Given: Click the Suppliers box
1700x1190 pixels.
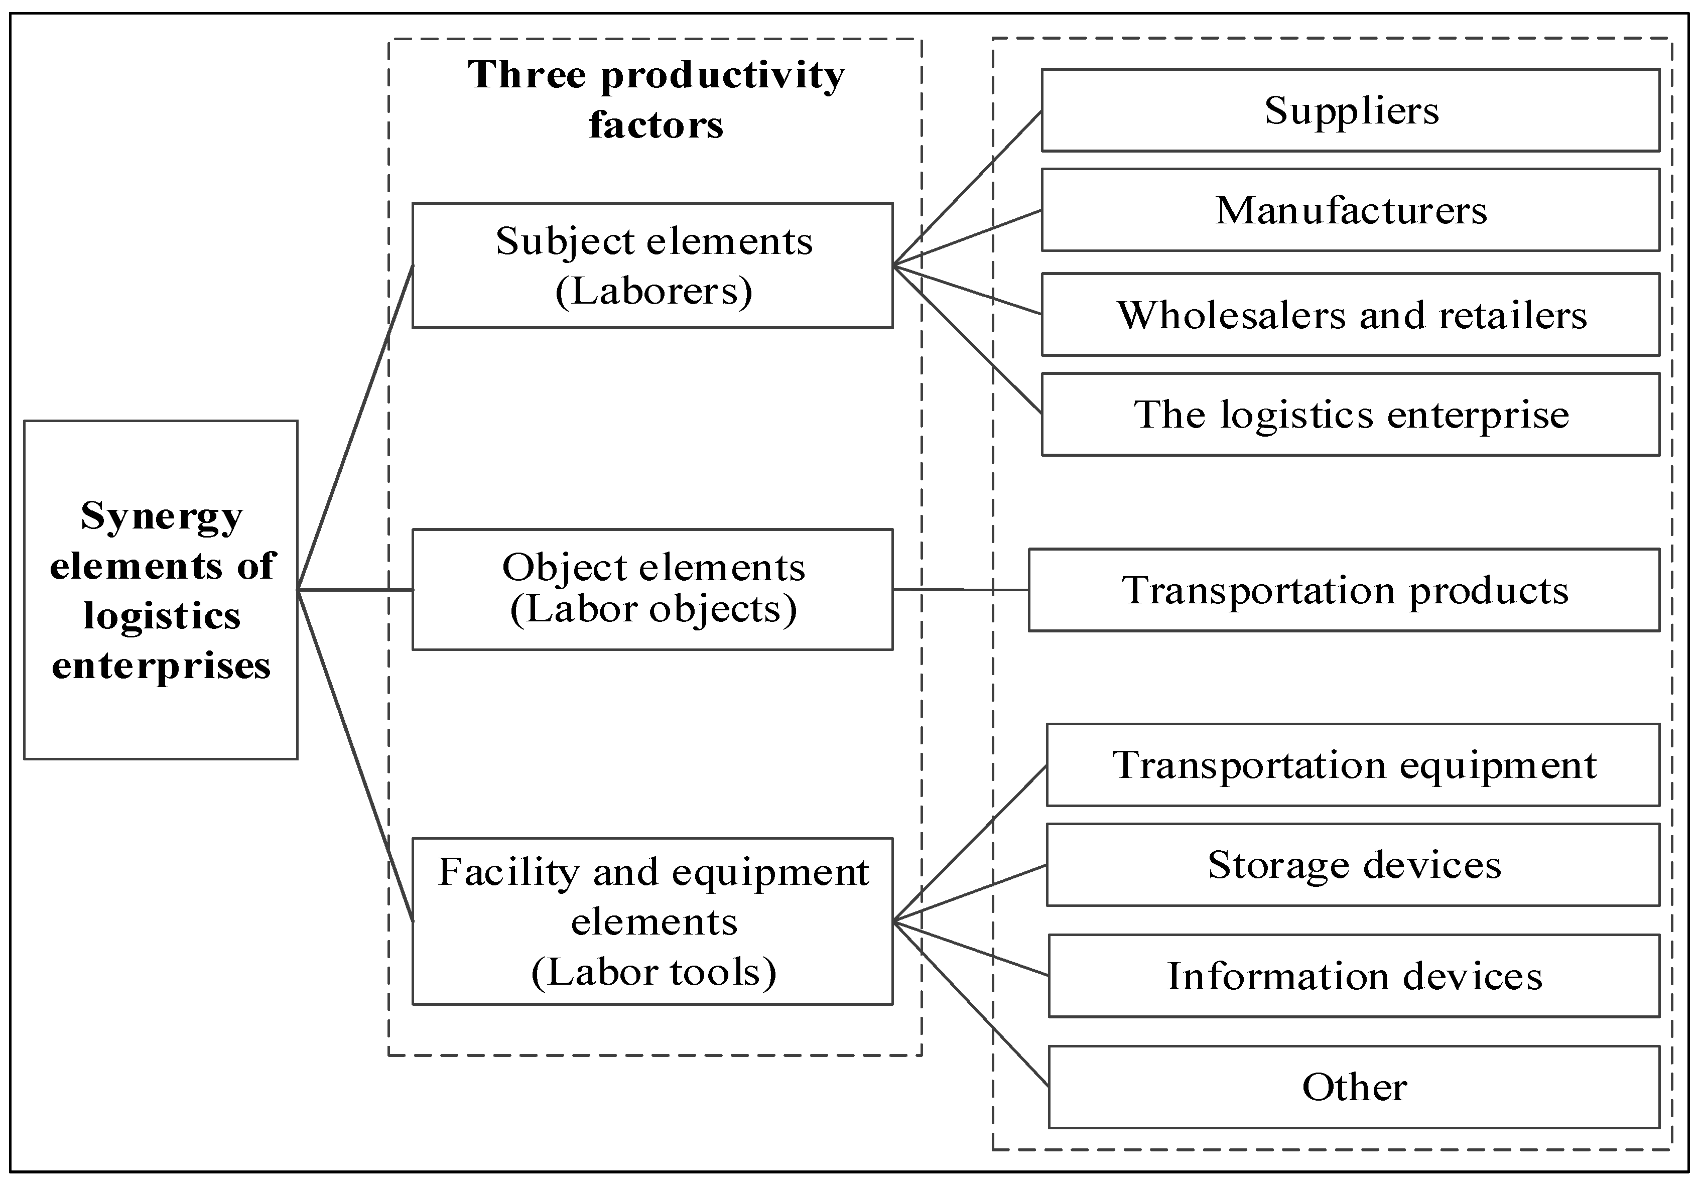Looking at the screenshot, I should [x=1351, y=110].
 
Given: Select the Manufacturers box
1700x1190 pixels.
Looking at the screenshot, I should [x=1351, y=210].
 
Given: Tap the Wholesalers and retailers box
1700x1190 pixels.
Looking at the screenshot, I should [x=1351, y=315].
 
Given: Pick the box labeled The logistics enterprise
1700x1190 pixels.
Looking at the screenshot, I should [x=1351, y=414].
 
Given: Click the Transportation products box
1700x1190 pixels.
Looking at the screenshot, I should [x=1344, y=590].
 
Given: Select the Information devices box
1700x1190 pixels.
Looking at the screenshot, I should [x=1354, y=976].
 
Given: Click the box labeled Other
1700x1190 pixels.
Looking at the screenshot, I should [x=1354, y=1087].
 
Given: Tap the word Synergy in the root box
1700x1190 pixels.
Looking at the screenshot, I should [x=162, y=516].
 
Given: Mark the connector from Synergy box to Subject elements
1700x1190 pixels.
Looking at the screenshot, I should [x=355, y=427].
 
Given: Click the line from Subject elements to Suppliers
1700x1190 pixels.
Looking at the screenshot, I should [x=967, y=188].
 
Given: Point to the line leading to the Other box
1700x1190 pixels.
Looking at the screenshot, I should [x=971, y=1004].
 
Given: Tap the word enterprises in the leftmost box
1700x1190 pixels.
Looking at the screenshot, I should [x=162, y=665].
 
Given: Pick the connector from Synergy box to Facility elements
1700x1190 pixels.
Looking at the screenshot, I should [x=355, y=755].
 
